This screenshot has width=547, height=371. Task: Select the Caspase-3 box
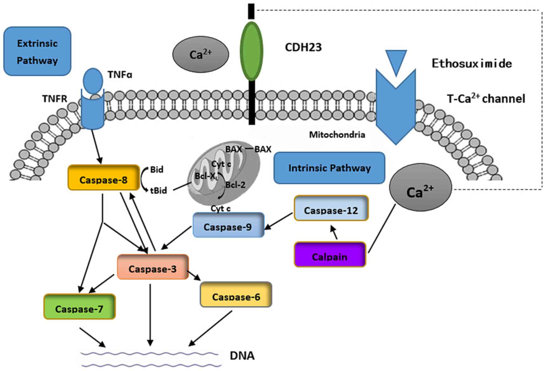coord(153,267)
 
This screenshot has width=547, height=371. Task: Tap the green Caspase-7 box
coord(79,307)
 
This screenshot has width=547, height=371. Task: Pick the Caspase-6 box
coord(236,295)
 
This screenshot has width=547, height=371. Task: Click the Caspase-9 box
coord(228,225)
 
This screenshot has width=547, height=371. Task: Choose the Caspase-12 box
coord(331,209)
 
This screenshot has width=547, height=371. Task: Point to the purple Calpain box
coord(330,255)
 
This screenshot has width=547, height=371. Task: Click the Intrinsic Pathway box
coord(329,168)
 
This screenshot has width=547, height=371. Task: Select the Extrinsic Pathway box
coord(37,51)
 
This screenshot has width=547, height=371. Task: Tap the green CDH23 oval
coord(251,51)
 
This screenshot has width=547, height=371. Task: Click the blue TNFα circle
coord(93,81)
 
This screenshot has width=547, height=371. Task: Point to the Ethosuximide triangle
coord(396,61)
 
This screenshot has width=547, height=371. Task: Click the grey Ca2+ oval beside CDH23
coord(201,54)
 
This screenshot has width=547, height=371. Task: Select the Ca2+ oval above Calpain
coord(420,188)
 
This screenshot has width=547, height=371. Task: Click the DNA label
coord(242,356)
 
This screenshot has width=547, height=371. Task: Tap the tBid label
coord(158,191)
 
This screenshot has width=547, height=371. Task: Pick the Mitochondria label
coord(337,135)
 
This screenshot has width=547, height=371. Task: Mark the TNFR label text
coord(54,99)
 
